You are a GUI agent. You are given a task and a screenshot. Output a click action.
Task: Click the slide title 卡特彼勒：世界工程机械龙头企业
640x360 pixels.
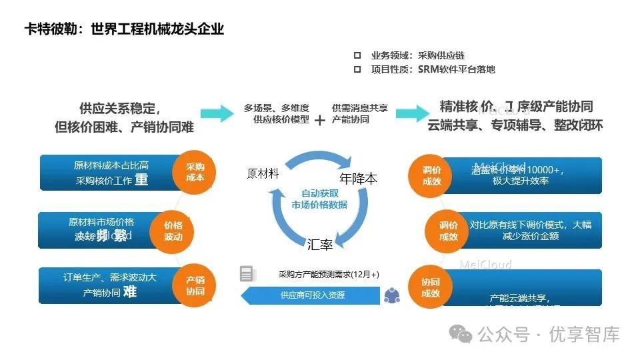(124, 29)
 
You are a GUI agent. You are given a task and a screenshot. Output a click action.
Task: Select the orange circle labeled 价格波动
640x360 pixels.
(173, 231)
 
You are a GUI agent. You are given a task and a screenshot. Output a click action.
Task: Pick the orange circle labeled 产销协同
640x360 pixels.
(195, 286)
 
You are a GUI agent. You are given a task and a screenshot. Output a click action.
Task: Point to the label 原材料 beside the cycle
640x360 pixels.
(263, 173)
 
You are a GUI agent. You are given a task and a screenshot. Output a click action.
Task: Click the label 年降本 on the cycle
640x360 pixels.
(359, 179)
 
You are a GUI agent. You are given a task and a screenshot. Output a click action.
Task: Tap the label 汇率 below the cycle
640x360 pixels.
(320, 245)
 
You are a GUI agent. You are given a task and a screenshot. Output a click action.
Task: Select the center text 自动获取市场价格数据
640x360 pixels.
(319, 199)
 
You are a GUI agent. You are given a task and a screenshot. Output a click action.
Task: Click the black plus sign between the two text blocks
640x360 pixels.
(320, 120)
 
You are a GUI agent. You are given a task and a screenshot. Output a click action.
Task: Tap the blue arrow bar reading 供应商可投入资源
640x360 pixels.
(309, 295)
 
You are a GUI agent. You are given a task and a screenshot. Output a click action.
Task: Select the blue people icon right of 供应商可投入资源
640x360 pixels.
(391, 294)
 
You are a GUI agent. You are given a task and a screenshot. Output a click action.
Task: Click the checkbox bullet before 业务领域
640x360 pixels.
(357, 55)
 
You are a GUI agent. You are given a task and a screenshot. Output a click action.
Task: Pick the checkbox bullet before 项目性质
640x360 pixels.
(357, 69)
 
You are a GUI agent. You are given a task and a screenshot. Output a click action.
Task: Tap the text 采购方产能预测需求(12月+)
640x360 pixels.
(329, 275)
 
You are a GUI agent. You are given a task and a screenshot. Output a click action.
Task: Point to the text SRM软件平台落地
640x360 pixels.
(457, 69)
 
